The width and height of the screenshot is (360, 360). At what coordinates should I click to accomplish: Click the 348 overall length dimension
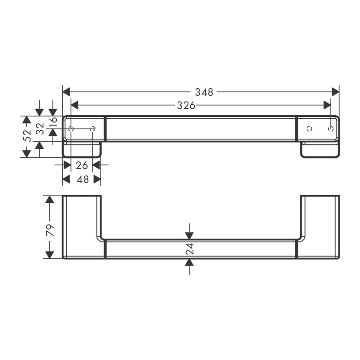pos(204,92)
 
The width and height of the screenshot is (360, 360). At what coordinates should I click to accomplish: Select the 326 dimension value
pos(186,105)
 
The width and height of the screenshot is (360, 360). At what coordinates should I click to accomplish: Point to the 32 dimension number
pos(40,129)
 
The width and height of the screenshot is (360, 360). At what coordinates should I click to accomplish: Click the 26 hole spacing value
pos(82,165)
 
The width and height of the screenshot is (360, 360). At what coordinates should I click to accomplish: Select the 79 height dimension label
pos(50,230)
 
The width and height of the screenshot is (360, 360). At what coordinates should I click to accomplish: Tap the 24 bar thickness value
pos(190,249)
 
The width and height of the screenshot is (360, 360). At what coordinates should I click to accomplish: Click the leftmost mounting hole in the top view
pos(71,129)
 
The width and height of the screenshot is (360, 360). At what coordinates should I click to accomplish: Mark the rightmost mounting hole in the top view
pos(330,129)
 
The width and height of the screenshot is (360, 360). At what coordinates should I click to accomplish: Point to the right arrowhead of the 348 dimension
pos(335,92)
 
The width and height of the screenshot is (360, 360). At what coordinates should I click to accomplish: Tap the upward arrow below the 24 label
pos(190,262)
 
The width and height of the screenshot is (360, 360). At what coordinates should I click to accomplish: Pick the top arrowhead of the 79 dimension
pos(50,200)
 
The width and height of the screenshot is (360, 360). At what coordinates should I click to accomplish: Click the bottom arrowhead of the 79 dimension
pos(50,254)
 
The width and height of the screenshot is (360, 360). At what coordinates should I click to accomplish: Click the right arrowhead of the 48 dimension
pos(97,180)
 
